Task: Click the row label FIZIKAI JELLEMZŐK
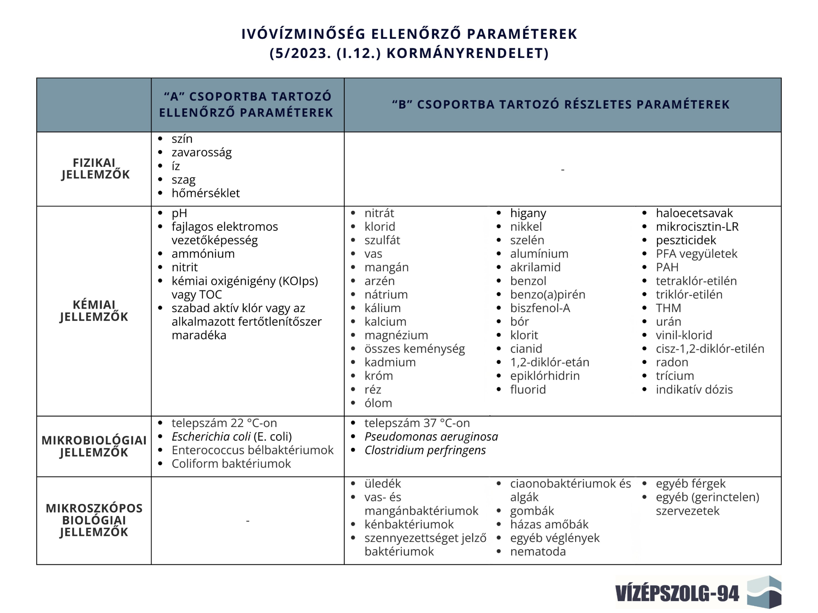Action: (95, 169)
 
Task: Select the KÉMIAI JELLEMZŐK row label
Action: (94, 311)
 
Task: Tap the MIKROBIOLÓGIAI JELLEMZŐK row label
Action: (94, 446)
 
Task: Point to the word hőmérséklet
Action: (205, 193)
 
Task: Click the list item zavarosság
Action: (202, 152)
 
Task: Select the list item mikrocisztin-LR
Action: (697, 227)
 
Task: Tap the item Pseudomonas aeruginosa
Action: (431, 437)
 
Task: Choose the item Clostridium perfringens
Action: (425, 450)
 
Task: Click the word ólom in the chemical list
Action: (378, 403)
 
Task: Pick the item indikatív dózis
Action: (694, 390)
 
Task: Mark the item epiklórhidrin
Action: (544, 376)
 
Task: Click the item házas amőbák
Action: (549, 524)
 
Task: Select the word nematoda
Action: (538, 552)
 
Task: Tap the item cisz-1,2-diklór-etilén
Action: (710, 349)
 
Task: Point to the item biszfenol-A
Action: (540, 308)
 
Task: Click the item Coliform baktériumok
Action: (231, 464)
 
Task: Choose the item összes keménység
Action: (414, 349)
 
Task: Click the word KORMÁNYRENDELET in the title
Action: (467, 53)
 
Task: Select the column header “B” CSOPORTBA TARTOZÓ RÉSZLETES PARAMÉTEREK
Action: (561, 105)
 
